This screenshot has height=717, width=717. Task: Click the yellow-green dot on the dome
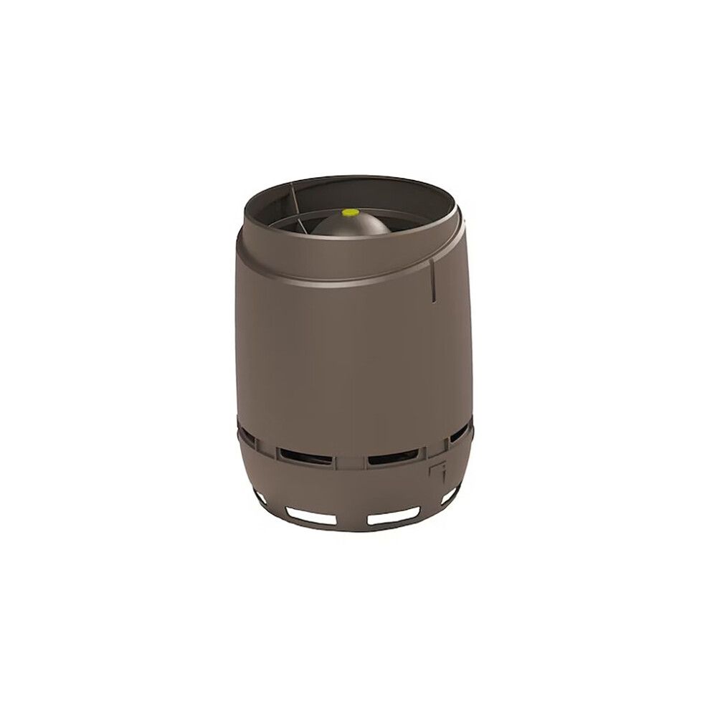click(x=351, y=212)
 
